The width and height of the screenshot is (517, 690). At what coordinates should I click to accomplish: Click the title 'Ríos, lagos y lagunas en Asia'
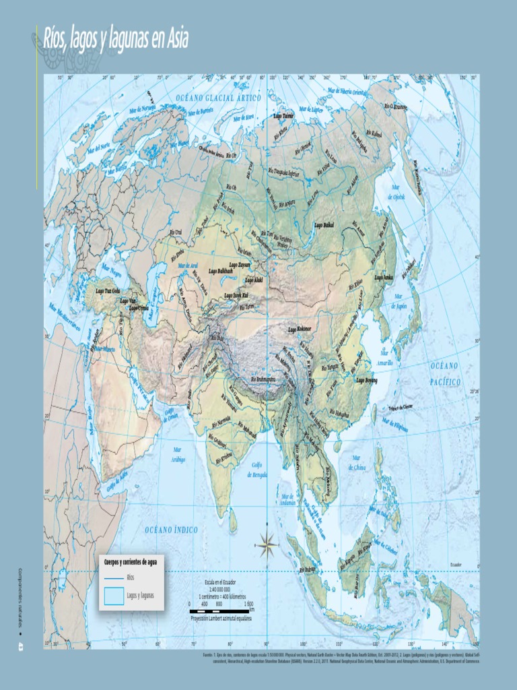click(115, 39)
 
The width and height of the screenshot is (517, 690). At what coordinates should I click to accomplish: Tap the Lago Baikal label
click(324, 225)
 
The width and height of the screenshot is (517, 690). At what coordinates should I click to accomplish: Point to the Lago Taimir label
click(283, 116)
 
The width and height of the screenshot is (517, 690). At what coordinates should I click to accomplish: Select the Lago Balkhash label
click(220, 271)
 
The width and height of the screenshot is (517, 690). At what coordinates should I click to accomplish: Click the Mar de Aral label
click(188, 265)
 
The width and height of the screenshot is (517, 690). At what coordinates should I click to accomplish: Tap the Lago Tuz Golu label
click(108, 290)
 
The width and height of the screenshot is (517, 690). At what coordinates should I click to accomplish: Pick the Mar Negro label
click(111, 274)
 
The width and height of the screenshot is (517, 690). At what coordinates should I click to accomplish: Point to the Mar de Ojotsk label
click(397, 193)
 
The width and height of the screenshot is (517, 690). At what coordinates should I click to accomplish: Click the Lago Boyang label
click(366, 380)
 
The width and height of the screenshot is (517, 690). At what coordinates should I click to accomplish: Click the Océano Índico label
click(171, 530)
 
